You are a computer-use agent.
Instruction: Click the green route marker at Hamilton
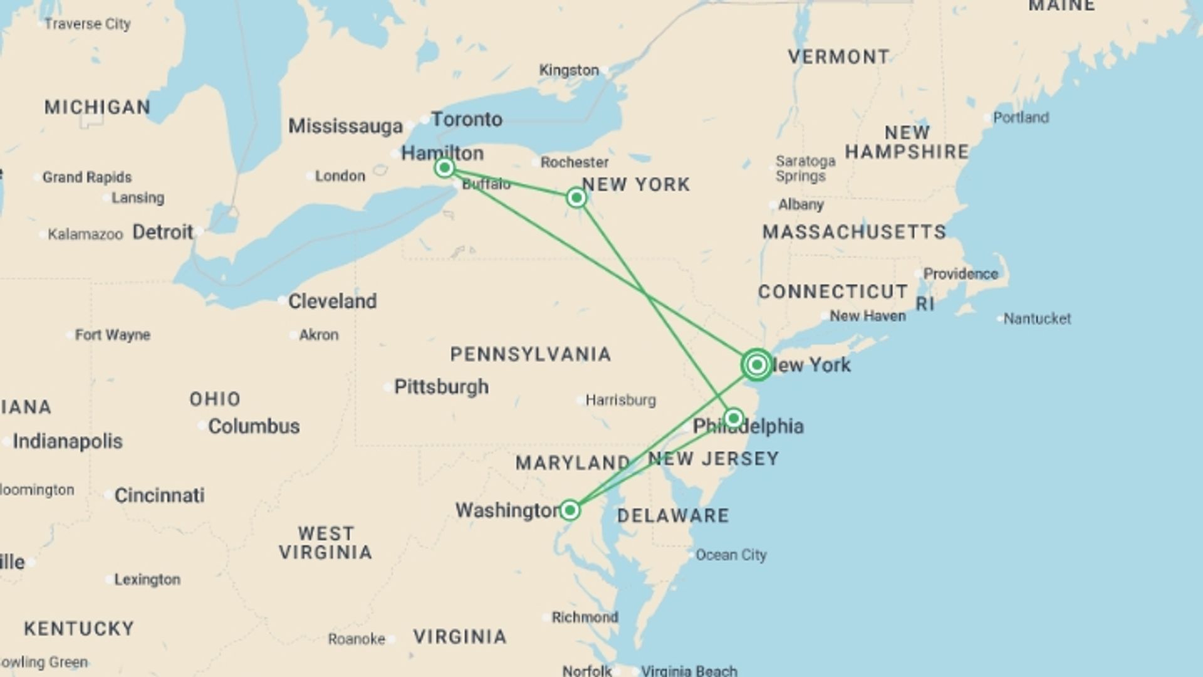(444, 167)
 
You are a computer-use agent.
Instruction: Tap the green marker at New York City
(757, 364)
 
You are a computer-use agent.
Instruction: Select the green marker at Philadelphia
(734, 417)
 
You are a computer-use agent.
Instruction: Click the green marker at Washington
(570, 510)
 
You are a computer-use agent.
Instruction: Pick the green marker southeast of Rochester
(576, 198)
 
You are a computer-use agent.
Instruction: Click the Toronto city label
(467, 119)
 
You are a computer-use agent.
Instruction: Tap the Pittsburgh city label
(441, 387)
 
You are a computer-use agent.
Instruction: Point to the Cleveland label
(332, 302)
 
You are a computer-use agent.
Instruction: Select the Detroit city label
(163, 232)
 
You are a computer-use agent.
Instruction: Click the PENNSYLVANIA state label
(531, 354)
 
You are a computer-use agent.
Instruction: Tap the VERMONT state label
(838, 57)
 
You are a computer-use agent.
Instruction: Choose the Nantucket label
(1037, 318)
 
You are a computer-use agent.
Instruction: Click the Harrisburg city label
(620, 400)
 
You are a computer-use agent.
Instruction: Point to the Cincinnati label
(159, 495)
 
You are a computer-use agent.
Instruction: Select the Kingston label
(569, 70)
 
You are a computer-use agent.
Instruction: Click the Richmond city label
(585, 617)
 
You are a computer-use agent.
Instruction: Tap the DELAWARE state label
(673, 516)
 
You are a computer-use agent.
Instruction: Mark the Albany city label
(801, 204)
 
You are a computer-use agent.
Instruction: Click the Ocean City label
(731, 555)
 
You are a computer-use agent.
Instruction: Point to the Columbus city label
(254, 426)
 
